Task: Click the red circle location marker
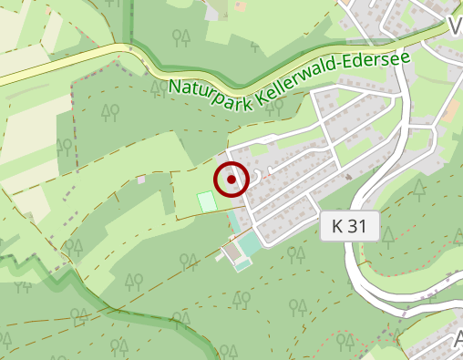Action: (x=232, y=179)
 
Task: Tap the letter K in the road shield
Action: (x=335, y=227)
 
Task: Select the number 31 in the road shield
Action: (x=357, y=227)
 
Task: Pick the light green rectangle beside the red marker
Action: (x=207, y=201)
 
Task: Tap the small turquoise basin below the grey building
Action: (x=242, y=265)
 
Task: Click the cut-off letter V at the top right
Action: (x=456, y=26)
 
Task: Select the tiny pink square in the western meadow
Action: (x=141, y=180)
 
